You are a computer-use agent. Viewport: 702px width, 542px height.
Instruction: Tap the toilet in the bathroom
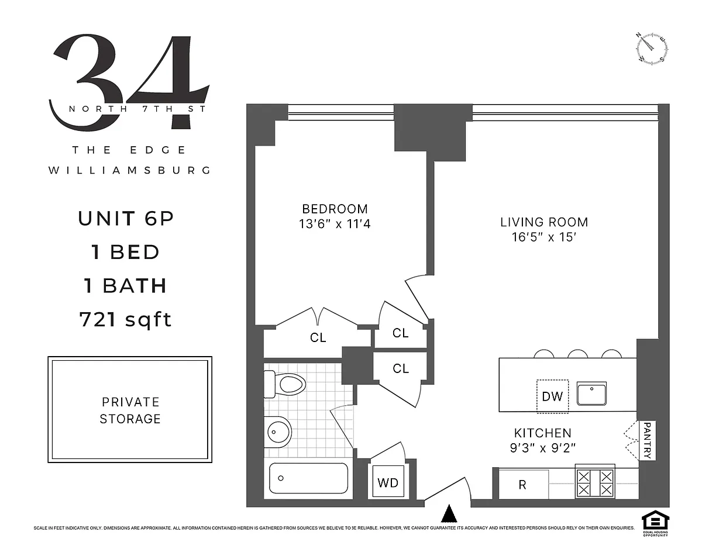[x=284, y=384]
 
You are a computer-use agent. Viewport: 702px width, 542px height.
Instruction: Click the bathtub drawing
[x=308, y=478]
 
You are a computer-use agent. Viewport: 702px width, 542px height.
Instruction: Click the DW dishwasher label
[x=552, y=396]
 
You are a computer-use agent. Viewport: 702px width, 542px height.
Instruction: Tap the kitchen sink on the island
[x=591, y=393]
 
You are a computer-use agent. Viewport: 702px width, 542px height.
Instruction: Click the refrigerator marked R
[x=524, y=485]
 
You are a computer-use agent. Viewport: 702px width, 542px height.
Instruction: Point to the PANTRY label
[x=648, y=440]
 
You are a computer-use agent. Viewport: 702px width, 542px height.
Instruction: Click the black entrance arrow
[x=449, y=513]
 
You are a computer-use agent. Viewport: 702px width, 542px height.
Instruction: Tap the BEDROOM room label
[x=335, y=209]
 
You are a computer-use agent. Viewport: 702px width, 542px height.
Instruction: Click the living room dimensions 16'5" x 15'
[x=544, y=237]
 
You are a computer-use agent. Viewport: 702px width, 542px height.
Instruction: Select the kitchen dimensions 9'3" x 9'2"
[x=543, y=448]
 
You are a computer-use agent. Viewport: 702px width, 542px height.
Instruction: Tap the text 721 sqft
[x=125, y=320]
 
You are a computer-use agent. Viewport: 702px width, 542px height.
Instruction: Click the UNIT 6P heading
[x=126, y=218]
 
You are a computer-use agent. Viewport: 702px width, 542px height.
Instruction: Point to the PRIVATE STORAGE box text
[x=130, y=410]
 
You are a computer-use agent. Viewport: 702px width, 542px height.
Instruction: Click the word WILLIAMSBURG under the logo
[x=130, y=170]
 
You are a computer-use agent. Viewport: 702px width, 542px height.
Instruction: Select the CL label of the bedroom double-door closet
[x=318, y=338]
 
